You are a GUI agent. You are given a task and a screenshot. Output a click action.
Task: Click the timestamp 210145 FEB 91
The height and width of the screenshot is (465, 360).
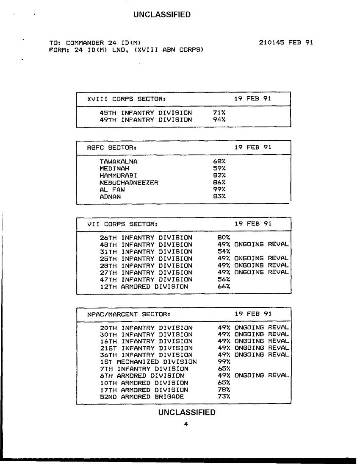[286, 43]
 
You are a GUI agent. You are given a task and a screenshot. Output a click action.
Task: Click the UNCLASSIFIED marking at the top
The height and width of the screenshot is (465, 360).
[162, 15]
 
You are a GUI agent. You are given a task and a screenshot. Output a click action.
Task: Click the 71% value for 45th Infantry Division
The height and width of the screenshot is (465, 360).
[219, 113]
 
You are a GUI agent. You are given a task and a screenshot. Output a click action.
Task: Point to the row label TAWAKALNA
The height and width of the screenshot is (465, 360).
[119, 161]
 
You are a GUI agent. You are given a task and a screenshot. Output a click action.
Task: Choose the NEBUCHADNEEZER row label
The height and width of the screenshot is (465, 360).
[129, 182]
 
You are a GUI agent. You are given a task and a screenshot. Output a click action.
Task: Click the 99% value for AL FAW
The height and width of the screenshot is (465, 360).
[219, 189]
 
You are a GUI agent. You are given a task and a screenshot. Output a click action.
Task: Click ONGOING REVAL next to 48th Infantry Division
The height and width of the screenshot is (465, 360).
[261, 245]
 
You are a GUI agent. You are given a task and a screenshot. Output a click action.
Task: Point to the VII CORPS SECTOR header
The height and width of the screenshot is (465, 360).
[122, 223]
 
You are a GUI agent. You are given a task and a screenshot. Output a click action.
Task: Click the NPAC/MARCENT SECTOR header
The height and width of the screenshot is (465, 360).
[129, 314]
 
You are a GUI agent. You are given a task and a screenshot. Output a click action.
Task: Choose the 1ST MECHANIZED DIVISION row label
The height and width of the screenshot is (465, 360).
[148, 362]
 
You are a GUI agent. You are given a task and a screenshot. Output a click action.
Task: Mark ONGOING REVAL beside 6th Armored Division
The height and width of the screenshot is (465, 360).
[261, 376]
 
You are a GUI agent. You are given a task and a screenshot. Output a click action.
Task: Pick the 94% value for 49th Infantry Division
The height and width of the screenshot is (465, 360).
[219, 120]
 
